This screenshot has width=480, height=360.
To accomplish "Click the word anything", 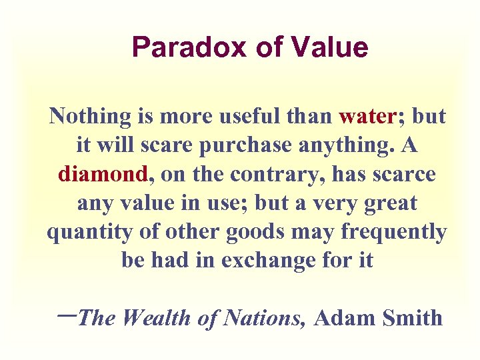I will [343, 145].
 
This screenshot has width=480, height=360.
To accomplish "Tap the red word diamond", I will [103, 174].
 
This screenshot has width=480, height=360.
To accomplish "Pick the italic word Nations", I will [264, 318].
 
